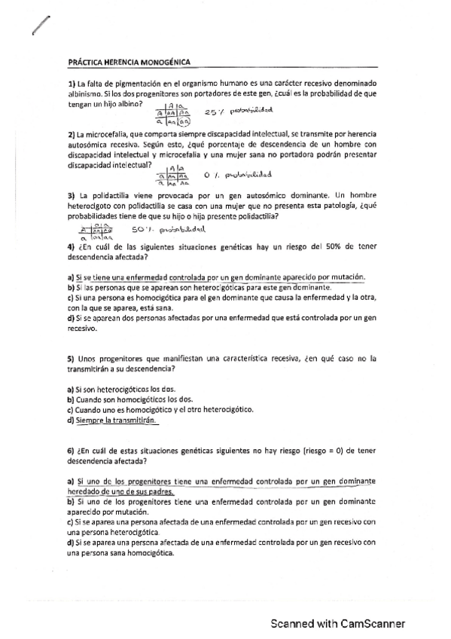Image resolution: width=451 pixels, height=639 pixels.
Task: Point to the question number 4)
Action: pyautogui.click(x=71, y=246)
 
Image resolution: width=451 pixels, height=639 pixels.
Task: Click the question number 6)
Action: pyautogui.click(x=71, y=450)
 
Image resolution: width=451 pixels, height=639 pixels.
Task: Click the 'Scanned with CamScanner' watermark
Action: pyautogui.click(x=339, y=624)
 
